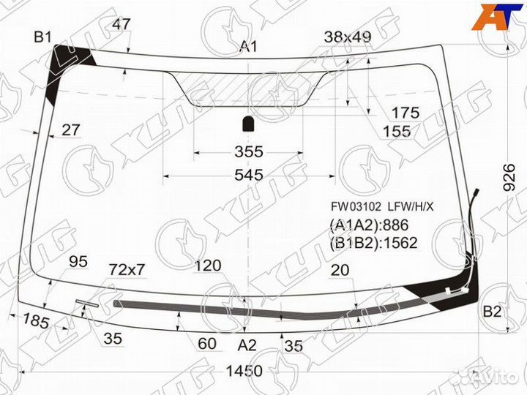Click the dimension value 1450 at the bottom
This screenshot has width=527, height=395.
243,372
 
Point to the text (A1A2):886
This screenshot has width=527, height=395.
368,225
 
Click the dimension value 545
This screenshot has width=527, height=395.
249,176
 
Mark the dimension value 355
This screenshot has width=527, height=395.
248,152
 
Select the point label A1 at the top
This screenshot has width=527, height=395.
249,48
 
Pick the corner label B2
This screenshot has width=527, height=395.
492,313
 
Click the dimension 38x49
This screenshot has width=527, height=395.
348,37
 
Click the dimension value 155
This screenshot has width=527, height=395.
396,131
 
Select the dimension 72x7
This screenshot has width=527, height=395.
127,270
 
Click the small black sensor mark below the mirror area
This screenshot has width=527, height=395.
248,122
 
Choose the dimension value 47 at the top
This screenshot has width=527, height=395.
122,24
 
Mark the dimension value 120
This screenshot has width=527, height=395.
209,266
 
